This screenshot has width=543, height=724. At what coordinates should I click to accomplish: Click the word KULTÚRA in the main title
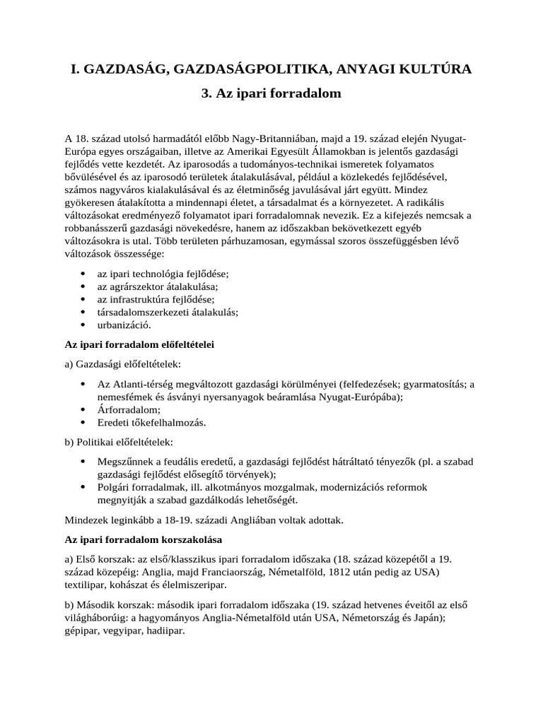click(x=430, y=69)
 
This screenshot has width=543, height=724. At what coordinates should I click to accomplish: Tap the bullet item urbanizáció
click(x=124, y=325)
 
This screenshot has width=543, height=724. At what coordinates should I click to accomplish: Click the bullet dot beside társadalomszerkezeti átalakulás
click(x=83, y=313)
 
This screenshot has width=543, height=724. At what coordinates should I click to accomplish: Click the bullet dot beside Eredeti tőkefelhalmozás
click(x=83, y=423)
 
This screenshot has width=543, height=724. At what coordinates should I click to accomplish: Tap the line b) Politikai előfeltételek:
click(x=114, y=442)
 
